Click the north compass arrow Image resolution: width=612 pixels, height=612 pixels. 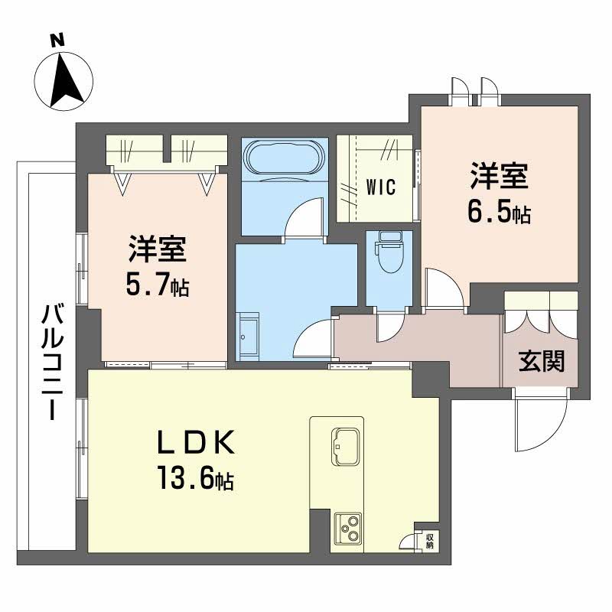(64, 77)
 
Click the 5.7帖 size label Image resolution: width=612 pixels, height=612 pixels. (158, 285)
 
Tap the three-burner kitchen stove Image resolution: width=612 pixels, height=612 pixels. (350, 528)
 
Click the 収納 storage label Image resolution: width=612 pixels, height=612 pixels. (429, 541)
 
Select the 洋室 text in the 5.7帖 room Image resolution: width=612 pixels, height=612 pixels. (158, 250)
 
